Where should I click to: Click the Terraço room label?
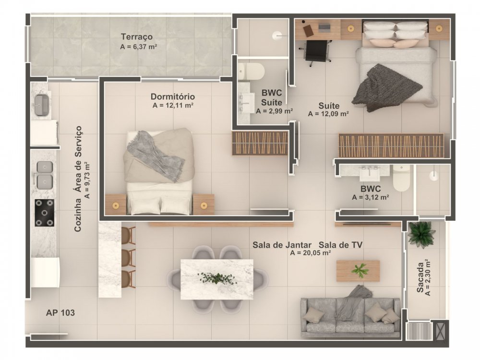(136, 37)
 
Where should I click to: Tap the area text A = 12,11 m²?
(173, 106)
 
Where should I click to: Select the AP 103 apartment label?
(60, 312)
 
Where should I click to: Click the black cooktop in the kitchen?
(44, 213)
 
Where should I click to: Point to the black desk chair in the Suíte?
(317, 52)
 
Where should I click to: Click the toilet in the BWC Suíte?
(251, 72)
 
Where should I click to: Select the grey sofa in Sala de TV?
(350, 317)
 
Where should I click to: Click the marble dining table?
(217, 279)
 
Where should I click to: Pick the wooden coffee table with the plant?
(358, 271)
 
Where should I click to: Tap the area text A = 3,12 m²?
(371, 197)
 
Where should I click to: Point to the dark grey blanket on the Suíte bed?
(386, 88)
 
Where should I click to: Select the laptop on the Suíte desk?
(325, 28)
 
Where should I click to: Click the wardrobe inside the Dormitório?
(260, 143)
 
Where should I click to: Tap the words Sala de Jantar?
(282, 245)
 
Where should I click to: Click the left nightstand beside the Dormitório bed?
(115, 204)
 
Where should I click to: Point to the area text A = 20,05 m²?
(311, 253)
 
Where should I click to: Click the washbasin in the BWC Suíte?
(246, 102)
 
